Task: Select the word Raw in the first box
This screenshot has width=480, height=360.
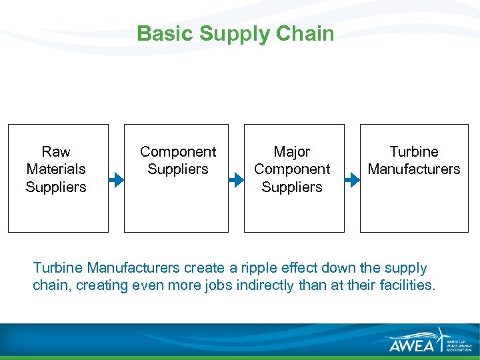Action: click(56, 152)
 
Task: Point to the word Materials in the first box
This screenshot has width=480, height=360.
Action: click(56, 169)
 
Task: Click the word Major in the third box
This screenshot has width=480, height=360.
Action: click(292, 152)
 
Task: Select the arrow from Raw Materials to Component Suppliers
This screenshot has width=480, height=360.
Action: click(117, 179)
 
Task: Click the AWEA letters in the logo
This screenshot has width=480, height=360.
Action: click(411, 343)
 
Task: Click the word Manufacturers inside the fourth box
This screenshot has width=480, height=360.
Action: click(414, 169)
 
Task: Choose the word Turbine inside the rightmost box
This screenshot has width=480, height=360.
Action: click(414, 152)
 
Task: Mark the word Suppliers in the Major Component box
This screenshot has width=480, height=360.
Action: click(292, 187)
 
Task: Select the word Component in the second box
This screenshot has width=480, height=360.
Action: click(178, 152)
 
